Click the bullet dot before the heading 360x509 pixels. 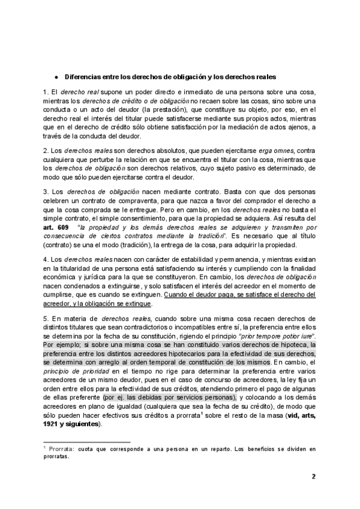(x=55, y=79)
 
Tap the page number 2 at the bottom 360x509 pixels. (x=313, y=477)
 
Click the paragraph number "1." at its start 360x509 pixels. (x=46, y=92)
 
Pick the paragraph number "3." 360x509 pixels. (x=46, y=191)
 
